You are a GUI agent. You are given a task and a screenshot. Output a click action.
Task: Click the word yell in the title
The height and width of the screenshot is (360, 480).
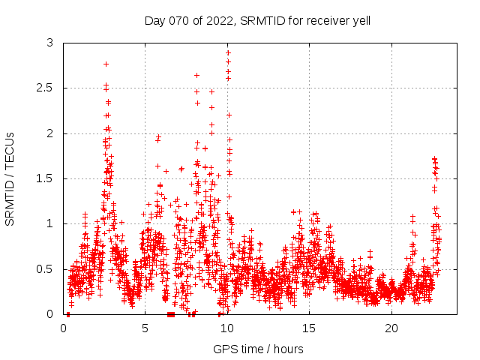(x=359, y=20)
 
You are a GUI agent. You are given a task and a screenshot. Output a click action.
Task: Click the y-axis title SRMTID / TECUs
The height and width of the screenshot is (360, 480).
(x=10, y=179)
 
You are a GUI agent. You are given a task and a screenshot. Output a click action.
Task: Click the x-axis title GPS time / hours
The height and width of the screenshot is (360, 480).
(x=257, y=349)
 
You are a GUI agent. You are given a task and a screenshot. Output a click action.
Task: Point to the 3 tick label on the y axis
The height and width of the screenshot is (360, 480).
(x=50, y=43)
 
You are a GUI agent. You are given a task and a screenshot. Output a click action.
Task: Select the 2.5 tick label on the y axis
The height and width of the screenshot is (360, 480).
(x=46, y=88)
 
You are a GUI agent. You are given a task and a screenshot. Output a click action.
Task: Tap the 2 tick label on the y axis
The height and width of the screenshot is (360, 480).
(x=50, y=133)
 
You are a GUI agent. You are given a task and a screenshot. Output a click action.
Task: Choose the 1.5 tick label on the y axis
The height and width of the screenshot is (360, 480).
(x=46, y=178)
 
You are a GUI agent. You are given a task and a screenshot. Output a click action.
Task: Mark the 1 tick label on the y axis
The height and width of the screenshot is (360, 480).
(x=50, y=223)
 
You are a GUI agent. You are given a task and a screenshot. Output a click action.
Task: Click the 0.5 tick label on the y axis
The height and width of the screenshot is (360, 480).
(x=46, y=268)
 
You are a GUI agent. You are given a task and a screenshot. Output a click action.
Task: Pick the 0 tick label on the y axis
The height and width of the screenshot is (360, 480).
(x=50, y=313)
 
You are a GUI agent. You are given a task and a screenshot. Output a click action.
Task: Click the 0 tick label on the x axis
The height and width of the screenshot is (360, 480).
(x=64, y=328)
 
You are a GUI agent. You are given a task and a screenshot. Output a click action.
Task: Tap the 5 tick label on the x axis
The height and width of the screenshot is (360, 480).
(x=145, y=328)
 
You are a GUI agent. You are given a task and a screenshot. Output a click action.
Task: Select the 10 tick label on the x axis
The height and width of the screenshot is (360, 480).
(x=227, y=328)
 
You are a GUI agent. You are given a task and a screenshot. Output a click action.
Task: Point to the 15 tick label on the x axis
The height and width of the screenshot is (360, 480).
(x=309, y=328)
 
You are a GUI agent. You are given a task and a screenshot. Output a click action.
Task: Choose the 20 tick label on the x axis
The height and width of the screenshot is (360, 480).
(x=391, y=328)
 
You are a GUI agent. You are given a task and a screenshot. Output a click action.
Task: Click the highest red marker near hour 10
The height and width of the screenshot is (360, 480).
(x=228, y=52)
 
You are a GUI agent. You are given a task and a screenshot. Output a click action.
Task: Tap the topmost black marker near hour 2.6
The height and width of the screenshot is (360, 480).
(x=106, y=64)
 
